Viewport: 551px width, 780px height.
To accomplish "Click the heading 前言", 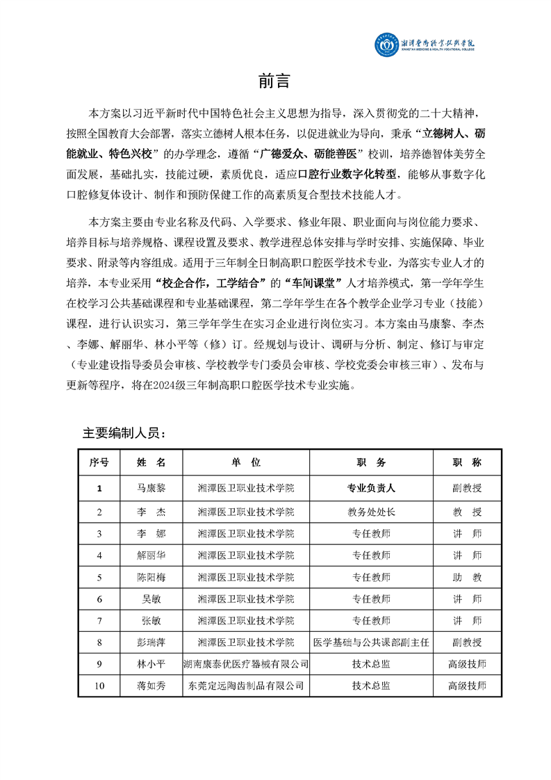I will [x=274, y=81].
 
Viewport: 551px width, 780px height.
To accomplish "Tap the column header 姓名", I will [x=151, y=462].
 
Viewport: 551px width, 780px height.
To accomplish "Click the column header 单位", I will [x=246, y=462].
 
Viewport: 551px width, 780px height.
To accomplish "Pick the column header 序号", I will [x=99, y=462].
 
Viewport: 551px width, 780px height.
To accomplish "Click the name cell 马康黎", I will [x=151, y=488].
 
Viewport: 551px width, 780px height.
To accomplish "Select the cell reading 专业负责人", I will [x=371, y=488].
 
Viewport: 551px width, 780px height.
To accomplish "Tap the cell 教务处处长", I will [x=371, y=512].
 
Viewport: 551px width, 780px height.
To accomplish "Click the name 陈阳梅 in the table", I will [x=151, y=577].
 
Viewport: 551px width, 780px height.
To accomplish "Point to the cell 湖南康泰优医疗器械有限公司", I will [x=246, y=664].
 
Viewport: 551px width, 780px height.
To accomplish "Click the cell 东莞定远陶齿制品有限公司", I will [x=246, y=685].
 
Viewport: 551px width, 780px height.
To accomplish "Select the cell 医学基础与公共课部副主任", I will [x=371, y=642].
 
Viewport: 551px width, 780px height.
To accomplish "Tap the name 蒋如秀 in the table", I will [x=151, y=685].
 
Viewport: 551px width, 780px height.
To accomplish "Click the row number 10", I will [x=99, y=685].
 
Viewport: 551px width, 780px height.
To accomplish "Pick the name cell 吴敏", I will [x=151, y=599].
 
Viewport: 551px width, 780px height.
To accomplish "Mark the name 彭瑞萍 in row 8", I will [x=151, y=642].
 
